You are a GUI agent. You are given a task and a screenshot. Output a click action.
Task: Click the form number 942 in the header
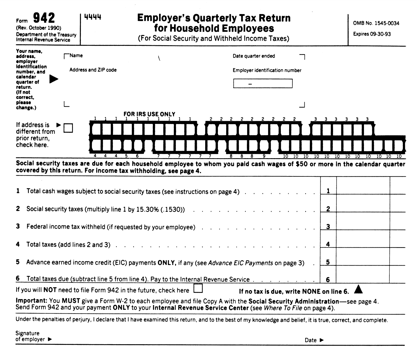click(x=44, y=18)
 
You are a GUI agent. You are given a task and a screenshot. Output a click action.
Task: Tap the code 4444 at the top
click(x=93, y=17)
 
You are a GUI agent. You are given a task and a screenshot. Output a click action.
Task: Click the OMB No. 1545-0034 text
click(x=376, y=23)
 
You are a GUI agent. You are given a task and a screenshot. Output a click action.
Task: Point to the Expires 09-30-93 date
click(x=372, y=34)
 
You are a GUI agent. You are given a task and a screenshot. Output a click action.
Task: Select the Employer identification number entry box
click(x=263, y=83)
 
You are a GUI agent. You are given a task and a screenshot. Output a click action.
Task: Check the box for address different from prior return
click(x=68, y=128)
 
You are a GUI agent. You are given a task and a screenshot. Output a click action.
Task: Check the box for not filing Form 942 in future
click(x=198, y=288)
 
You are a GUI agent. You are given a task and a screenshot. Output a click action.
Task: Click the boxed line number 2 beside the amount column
click(x=328, y=209)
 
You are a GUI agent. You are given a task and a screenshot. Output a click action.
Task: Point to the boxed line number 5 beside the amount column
click(x=328, y=262)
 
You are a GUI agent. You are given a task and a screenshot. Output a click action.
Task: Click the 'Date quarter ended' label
click(x=254, y=56)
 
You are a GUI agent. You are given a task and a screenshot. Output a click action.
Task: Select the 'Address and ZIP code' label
click(x=93, y=70)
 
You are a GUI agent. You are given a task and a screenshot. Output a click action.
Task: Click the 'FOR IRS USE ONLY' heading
click(x=149, y=114)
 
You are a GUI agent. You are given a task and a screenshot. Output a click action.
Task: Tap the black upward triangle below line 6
click(x=358, y=289)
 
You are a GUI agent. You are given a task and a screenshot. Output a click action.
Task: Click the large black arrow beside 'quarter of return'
click(x=54, y=79)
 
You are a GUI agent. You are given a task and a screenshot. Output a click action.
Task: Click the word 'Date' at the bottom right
click(x=311, y=340)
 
